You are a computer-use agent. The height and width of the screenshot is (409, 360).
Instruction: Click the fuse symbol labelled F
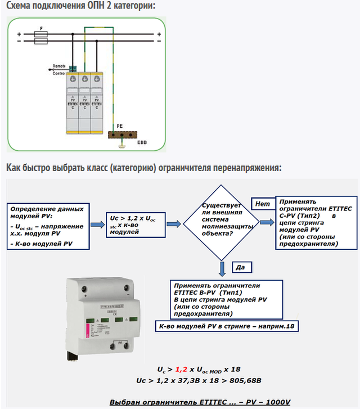[40, 34]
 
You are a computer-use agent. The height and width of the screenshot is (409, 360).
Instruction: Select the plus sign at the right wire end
[159, 34]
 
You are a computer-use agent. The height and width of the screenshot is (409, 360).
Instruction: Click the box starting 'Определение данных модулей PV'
[47, 227]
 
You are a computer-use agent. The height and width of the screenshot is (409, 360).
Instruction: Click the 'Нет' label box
[262, 204]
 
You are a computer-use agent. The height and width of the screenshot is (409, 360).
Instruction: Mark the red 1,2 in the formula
[181, 370]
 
